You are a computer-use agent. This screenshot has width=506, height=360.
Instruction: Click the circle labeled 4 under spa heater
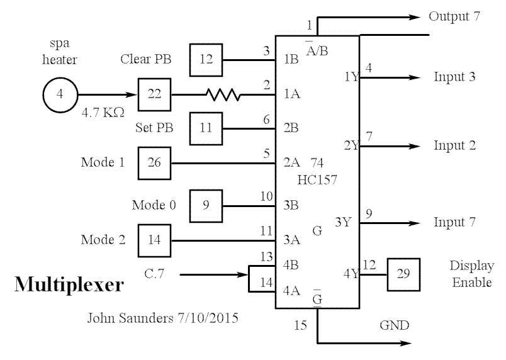click(x=59, y=95)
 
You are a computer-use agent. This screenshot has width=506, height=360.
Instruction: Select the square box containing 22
click(x=154, y=95)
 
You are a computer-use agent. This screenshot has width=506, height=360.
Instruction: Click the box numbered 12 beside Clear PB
click(x=206, y=60)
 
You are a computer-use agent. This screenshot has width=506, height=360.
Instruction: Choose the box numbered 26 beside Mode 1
click(x=154, y=163)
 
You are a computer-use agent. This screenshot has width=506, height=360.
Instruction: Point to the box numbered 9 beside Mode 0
click(x=206, y=205)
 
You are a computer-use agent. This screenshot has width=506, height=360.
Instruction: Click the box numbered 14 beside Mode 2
click(x=154, y=240)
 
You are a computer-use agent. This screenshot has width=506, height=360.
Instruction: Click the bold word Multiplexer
click(x=69, y=285)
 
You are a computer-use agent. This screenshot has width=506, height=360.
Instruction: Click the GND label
click(x=395, y=326)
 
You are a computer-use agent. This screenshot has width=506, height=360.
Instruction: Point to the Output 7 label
click(x=454, y=16)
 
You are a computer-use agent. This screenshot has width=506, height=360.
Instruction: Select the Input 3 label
click(x=454, y=77)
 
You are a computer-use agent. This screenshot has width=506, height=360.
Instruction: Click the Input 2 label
click(x=454, y=146)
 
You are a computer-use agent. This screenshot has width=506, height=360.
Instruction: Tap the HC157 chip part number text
click(x=317, y=179)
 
